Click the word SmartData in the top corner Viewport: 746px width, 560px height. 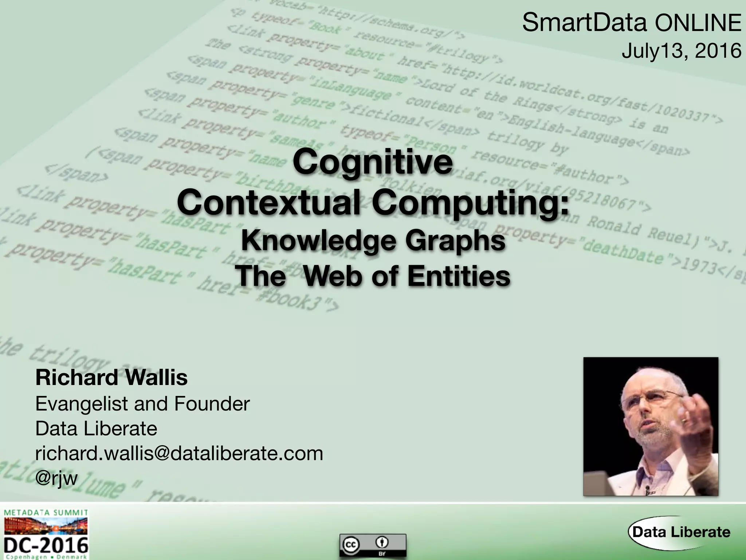(584, 23)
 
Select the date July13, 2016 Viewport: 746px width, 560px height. (681, 51)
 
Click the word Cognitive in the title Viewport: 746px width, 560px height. (373, 162)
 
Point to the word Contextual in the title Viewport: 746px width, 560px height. (269, 202)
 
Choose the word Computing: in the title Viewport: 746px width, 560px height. (470, 203)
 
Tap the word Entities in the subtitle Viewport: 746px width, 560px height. (459, 276)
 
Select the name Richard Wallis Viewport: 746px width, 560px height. (111, 377)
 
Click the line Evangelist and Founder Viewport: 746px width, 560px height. (142, 404)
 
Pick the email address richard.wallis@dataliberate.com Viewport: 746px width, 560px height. (179, 453)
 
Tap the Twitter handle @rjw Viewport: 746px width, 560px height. (56, 478)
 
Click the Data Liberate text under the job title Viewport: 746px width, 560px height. (96, 428)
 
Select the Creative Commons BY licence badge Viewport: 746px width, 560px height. (373, 545)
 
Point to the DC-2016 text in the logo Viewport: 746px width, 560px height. (46, 545)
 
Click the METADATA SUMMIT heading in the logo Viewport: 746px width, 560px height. (46, 513)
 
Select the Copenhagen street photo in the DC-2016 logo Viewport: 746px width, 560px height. (46, 526)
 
